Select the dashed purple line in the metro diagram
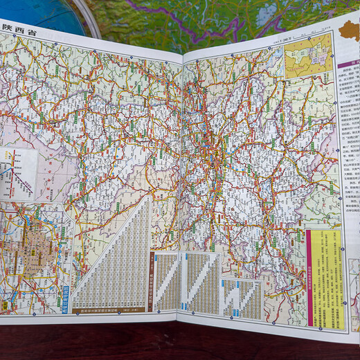10,170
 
